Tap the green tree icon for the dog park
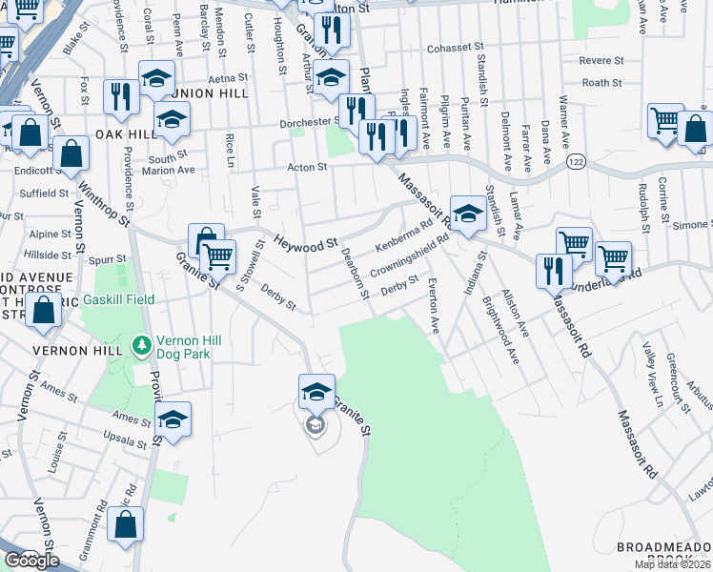click(141, 343)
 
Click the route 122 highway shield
click(578, 164)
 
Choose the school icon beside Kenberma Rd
click(468, 214)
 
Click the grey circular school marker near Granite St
click(315, 425)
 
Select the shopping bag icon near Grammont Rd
click(126, 524)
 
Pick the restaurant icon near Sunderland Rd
click(554, 271)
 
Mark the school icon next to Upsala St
click(173, 420)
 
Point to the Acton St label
click(308, 167)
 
